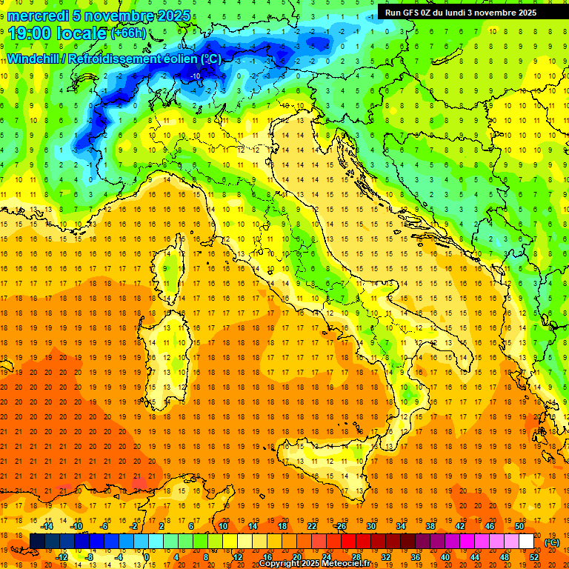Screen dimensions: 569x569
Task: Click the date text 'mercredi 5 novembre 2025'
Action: coord(101,16)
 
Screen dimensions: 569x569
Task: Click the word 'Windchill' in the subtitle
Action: coord(34,59)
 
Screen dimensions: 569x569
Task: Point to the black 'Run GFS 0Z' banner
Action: coord(467,12)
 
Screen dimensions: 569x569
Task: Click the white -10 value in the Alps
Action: coord(196,76)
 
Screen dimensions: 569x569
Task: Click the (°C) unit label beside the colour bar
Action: coord(552,542)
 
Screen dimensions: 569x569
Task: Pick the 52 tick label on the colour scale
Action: coord(533,557)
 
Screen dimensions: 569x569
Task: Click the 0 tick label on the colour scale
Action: coord(147,557)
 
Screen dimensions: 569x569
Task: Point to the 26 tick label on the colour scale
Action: coord(341,525)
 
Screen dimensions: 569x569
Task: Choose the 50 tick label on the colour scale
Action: coord(519,525)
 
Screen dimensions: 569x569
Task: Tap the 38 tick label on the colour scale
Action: coord(430,525)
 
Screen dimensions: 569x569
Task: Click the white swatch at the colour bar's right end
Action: coord(526,542)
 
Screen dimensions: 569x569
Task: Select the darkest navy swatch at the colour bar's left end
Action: coord(37,542)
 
